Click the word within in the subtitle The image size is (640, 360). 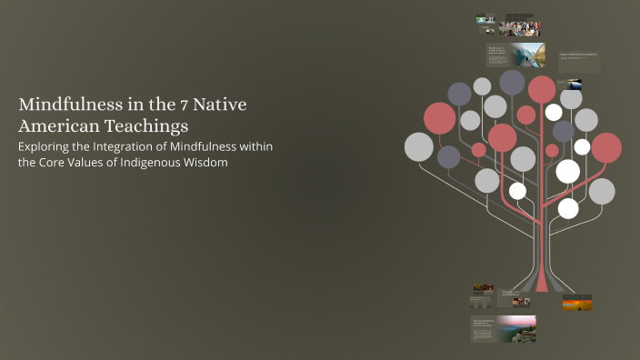[x=253, y=146]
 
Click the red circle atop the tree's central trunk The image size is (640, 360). [x=542, y=89]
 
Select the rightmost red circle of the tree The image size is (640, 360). [x=606, y=147]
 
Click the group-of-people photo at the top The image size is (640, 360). [x=519, y=27]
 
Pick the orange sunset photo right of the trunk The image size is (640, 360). [x=577, y=303]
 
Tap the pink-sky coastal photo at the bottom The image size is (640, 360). [x=516, y=328]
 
